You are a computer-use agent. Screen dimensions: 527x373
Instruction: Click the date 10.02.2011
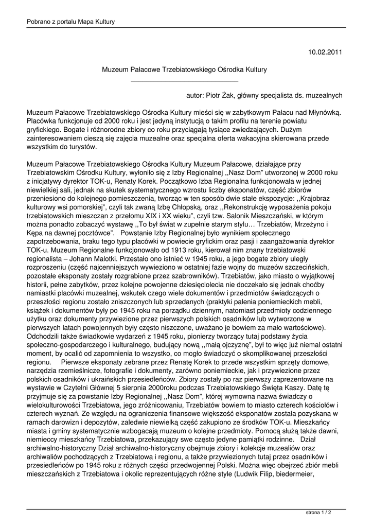tap(325, 52)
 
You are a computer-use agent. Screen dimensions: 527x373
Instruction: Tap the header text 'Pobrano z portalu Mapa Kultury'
tap(70, 22)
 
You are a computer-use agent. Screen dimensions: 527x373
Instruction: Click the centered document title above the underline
tap(184, 68)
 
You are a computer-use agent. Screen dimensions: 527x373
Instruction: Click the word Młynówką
tap(322, 112)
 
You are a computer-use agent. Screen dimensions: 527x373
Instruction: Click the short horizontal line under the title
tap(184, 81)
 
